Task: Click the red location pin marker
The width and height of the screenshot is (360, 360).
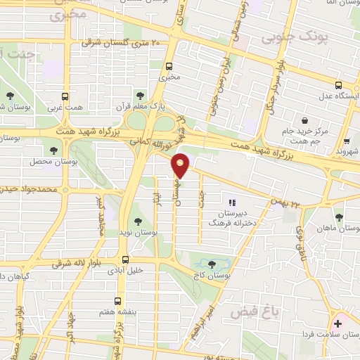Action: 181,165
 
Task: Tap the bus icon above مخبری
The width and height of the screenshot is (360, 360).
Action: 169,67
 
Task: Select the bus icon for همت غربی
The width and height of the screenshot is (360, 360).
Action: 65,96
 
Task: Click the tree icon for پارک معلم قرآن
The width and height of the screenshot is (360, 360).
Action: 140,94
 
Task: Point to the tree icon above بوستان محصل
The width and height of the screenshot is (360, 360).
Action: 55,150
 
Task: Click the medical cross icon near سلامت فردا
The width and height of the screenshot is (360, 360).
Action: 338,323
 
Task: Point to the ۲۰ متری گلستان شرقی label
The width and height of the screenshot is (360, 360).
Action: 121,44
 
